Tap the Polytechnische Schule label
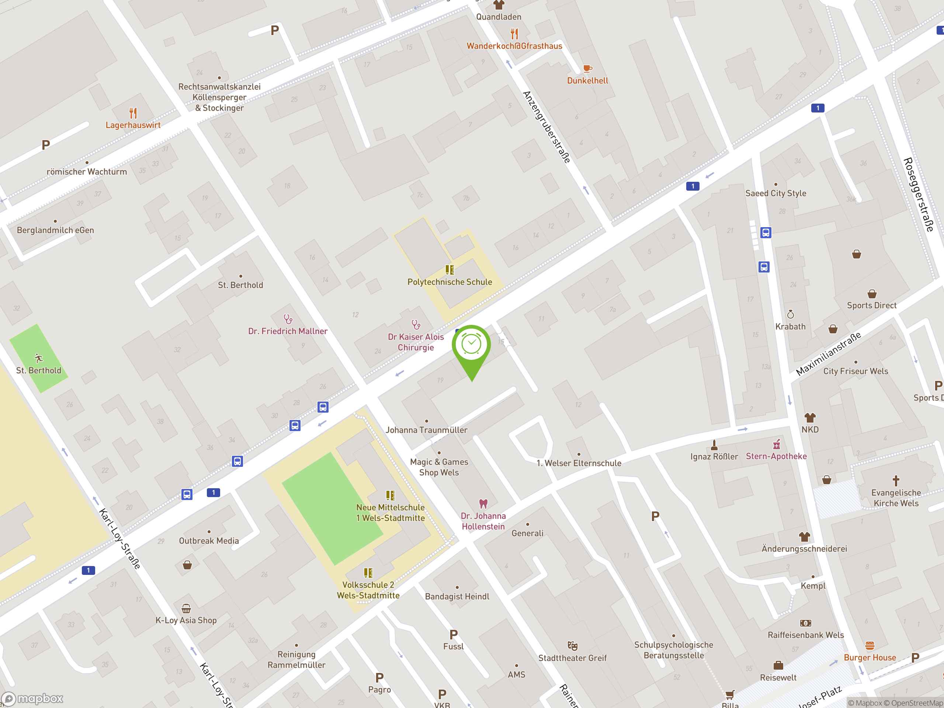450,282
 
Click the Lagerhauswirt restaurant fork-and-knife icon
133,113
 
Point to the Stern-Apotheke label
776,456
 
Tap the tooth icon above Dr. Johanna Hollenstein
483,504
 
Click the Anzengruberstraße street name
547,127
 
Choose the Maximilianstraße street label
828,354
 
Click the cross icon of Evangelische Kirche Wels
896,481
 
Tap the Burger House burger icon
869,645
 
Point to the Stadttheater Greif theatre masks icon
572,646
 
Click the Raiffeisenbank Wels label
805,635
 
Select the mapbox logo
32,699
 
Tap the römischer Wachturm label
87,171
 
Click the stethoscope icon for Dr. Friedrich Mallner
288,319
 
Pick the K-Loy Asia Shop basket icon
186,608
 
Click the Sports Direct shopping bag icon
871,294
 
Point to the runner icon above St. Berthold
38,358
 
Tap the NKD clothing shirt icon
809,417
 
